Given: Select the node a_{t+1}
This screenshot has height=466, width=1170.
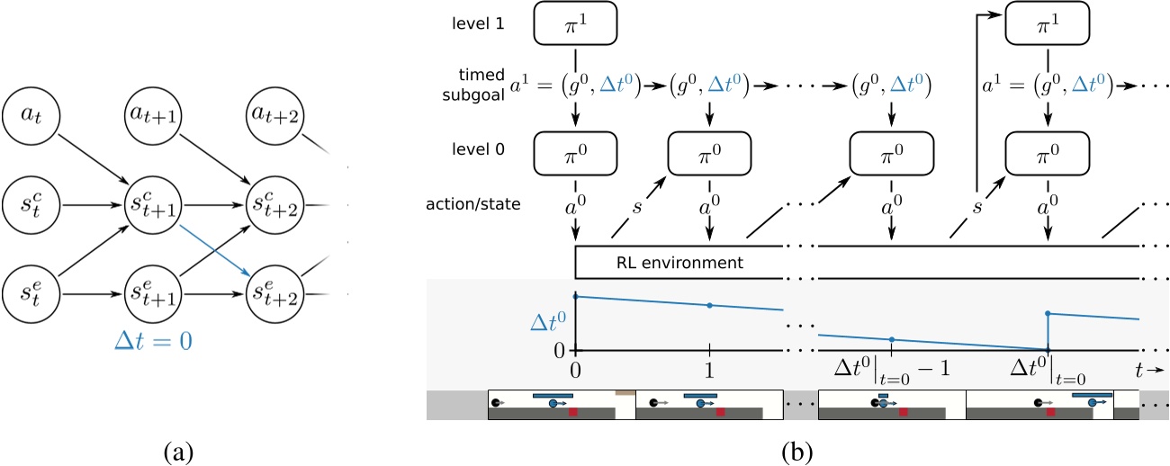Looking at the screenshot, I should (150, 115).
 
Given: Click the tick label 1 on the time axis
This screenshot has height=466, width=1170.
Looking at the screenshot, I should (710, 369).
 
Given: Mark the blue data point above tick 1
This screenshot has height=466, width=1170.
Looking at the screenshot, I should (710, 305).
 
